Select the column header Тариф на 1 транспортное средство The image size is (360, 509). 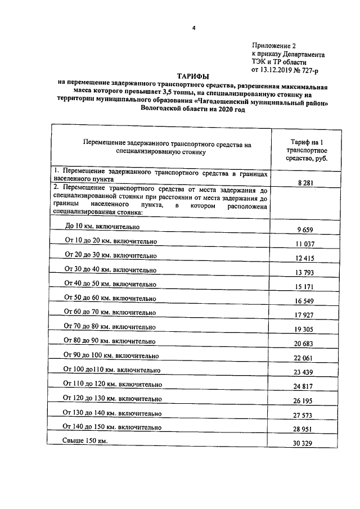click(x=304, y=150)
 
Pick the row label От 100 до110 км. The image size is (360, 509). click(x=112, y=370)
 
